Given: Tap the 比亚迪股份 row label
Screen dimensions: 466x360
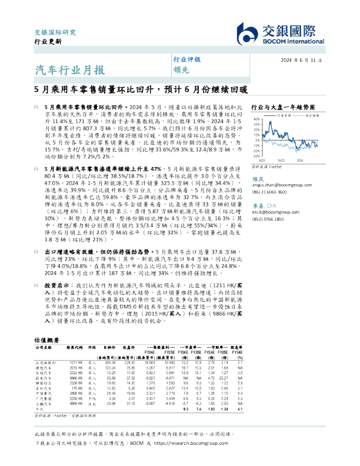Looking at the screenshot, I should (x=45, y=362).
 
